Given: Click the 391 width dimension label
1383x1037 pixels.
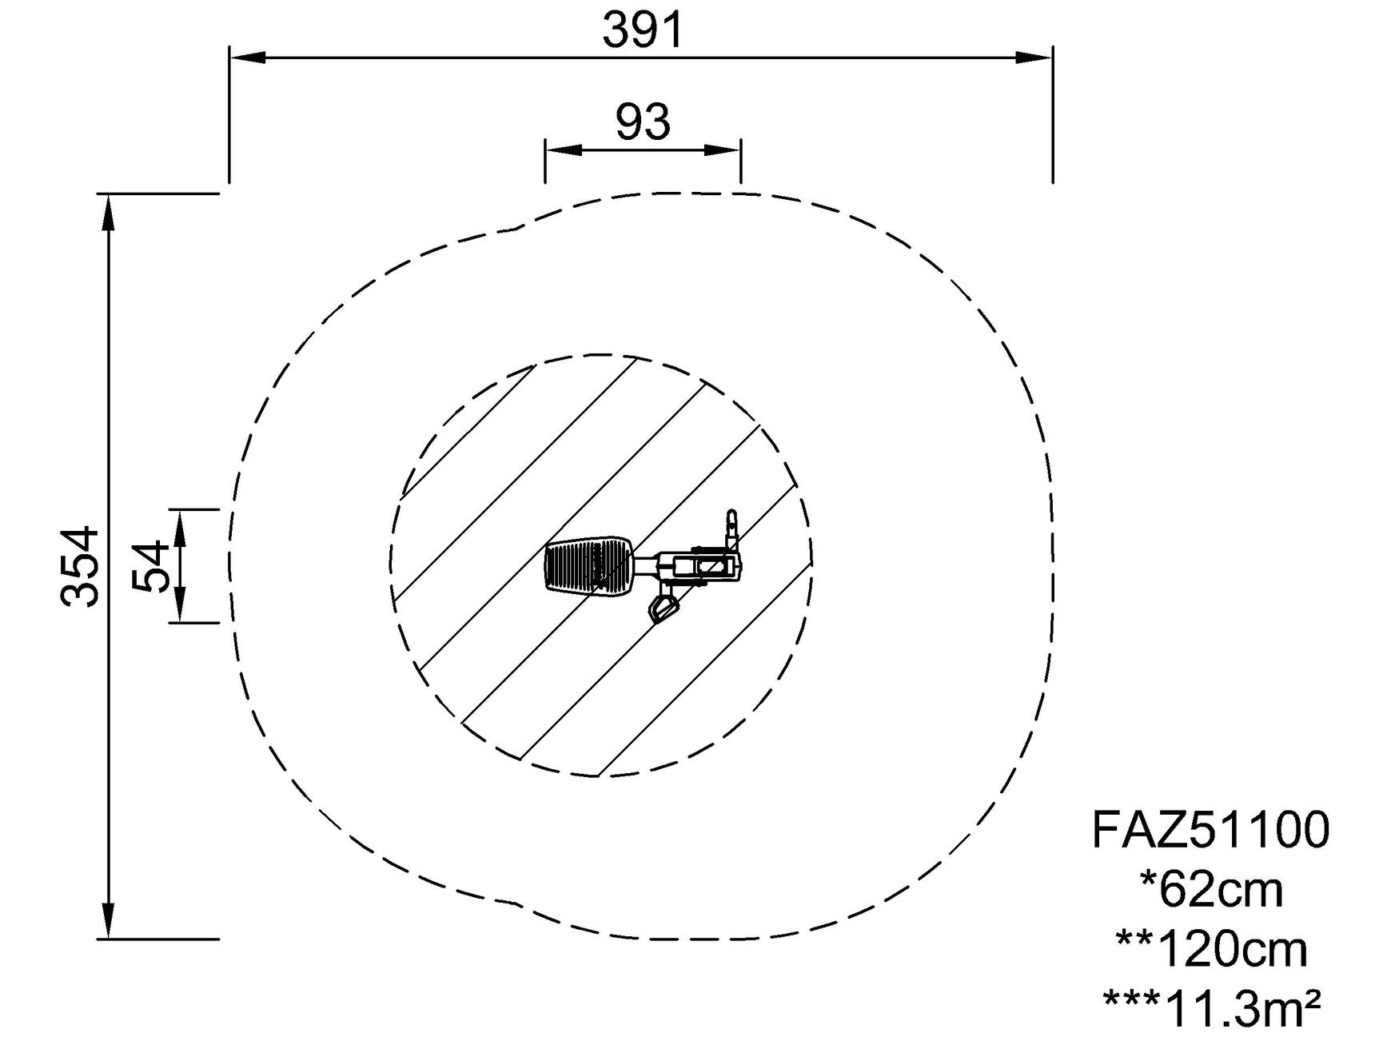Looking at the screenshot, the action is tap(644, 30).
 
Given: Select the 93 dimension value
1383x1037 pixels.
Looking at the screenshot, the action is tap(643, 122).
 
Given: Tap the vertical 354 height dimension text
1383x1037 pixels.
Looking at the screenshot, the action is tap(81, 565).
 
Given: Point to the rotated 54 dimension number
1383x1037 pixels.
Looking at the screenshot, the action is tap(152, 565).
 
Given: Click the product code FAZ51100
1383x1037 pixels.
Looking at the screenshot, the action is tap(1210, 829).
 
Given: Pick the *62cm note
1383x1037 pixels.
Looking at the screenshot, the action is tap(1211, 889).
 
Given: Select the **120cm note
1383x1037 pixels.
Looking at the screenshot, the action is tap(1211, 949).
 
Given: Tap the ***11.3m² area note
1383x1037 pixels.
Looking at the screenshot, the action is tap(1211, 1009).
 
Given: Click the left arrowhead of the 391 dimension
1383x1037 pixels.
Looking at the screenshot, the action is tap(247, 57).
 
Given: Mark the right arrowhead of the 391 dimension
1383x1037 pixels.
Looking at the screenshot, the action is tap(1034, 57).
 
